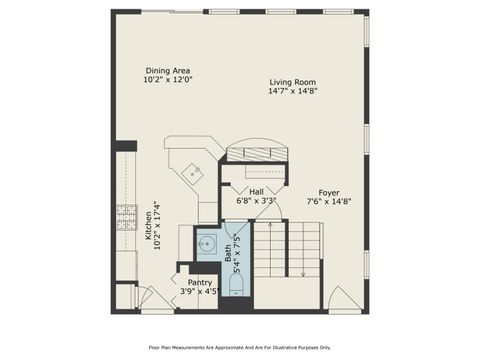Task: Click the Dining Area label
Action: point(168,71)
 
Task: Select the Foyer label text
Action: point(328,192)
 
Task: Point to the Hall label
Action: point(256,191)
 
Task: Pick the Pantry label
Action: point(200,283)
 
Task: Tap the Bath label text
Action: point(227,259)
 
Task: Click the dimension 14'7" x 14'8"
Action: point(292,91)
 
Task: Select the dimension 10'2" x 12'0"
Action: point(168,80)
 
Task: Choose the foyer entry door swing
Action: point(342,296)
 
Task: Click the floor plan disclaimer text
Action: point(239,347)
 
